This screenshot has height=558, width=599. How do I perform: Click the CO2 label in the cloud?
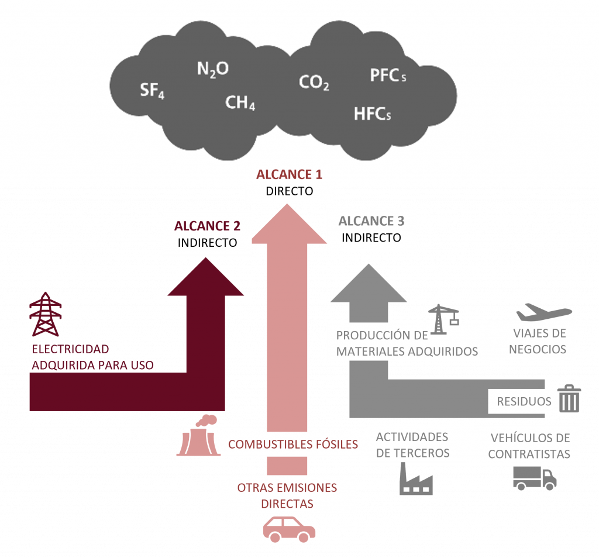click(314, 82)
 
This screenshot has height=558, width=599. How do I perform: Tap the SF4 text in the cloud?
click(152, 91)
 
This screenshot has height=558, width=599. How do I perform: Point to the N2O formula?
click(212, 70)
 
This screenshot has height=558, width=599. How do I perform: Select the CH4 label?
click(240, 104)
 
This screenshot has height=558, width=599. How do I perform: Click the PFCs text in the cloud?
click(388, 75)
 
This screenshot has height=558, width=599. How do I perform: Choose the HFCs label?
click(372, 113)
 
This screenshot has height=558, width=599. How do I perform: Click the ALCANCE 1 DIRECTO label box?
click(289, 182)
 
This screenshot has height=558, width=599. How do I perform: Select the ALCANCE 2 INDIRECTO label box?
click(207, 233)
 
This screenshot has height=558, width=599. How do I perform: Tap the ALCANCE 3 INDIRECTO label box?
click(371, 229)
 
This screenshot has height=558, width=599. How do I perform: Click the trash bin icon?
click(569, 399)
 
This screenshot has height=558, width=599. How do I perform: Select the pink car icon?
click(288, 529)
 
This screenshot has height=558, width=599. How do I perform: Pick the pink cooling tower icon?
click(198, 436)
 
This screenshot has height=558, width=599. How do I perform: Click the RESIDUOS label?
click(524, 401)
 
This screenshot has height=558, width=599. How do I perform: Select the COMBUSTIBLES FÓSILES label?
click(292, 444)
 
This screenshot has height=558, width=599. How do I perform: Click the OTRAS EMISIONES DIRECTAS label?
click(287, 495)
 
